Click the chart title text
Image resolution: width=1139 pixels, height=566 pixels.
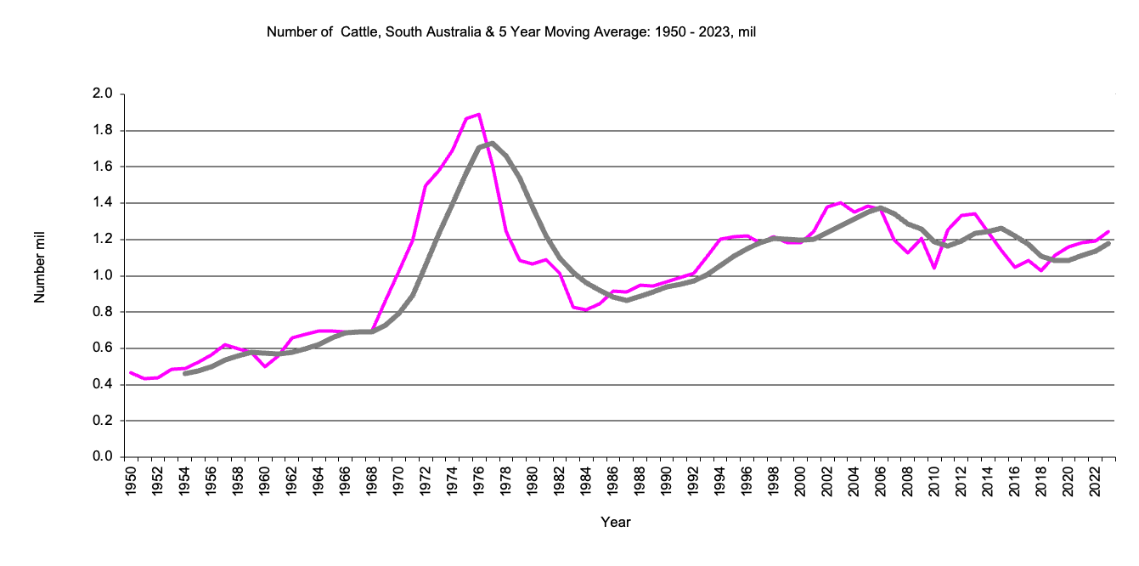(511, 33)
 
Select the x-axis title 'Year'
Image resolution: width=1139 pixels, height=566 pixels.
(615, 522)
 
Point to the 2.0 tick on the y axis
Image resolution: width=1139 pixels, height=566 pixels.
(103, 94)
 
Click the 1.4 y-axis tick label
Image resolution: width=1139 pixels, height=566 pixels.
(103, 203)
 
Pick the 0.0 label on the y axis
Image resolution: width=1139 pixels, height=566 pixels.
(103, 457)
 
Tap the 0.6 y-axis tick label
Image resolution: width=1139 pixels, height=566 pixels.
(103, 348)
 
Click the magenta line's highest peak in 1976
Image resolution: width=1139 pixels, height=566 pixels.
(479, 114)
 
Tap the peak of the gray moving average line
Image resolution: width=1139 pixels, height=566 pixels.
(492, 143)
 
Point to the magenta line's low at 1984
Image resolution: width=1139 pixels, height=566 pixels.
(586, 310)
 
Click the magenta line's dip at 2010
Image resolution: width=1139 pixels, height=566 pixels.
(934, 268)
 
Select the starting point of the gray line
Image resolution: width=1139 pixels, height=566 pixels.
(184, 374)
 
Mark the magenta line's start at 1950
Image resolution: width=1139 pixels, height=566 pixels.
(131, 372)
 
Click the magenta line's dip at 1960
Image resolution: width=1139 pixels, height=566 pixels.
(265, 366)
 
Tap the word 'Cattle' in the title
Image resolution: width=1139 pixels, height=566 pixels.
(359, 33)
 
